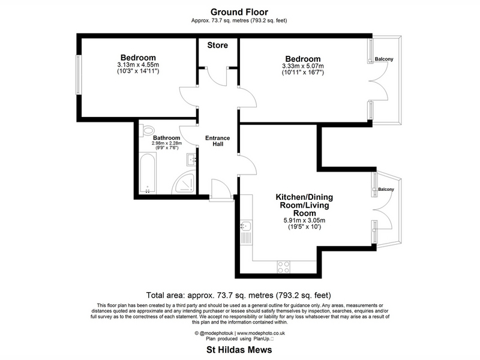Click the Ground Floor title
pos(239,12)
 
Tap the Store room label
pos(218,46)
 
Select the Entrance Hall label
pos(218,141)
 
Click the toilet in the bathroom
pos(147,130)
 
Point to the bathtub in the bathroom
pos(148,173)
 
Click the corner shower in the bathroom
pos(184,183)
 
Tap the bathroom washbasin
pos(191,160)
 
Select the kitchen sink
pos(246,226)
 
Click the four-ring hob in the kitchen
pos(283,266)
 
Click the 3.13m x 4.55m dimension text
pos(138,65)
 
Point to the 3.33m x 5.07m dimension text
pos(303,66)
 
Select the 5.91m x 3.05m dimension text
pos(304,220)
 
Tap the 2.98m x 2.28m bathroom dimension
pos(167,143)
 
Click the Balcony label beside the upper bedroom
pos(384,59)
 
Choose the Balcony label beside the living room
pos(386,190)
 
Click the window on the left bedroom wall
pos(79,75)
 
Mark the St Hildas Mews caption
pos(239,350)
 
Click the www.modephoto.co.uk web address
pos(261,333)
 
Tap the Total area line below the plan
pos(239,295)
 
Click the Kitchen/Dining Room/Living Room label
pos(304,205)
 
